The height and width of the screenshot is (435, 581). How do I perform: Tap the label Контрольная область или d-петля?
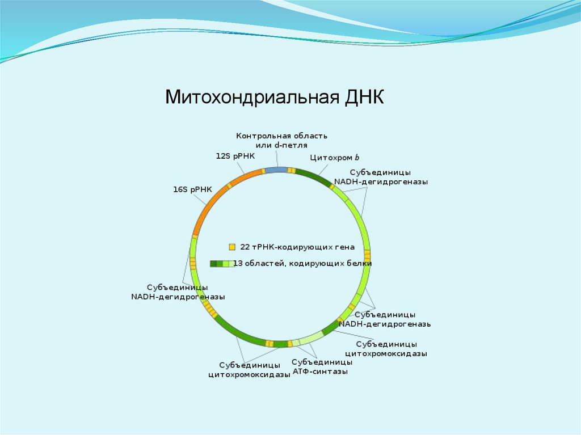[282, 141]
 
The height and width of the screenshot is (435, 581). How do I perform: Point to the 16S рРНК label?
[192, 190]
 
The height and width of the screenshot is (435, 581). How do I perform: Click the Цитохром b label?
[335, 158]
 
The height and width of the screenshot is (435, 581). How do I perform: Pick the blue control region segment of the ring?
[276, 170]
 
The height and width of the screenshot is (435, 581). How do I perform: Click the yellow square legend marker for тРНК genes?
[231, 247]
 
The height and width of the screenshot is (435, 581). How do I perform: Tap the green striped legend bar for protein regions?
[222, 264]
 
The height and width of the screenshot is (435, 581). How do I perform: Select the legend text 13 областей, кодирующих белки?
[303, 264]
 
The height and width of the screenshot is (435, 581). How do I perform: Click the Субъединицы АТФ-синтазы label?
[322, 367]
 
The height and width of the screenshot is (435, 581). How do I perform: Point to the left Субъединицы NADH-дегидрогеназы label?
[178, 292]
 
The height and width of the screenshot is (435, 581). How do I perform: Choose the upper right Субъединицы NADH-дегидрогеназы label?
[381, 177]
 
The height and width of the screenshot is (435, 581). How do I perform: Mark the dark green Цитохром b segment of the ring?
[311, 176]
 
